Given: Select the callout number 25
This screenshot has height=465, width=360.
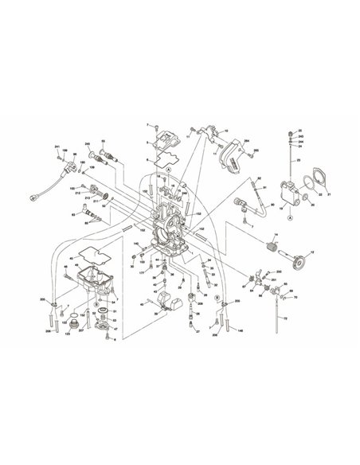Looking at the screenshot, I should coord(299,129).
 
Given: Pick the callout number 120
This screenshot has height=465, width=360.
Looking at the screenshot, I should coord(67,334).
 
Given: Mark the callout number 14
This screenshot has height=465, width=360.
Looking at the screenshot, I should coord(273,236).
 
